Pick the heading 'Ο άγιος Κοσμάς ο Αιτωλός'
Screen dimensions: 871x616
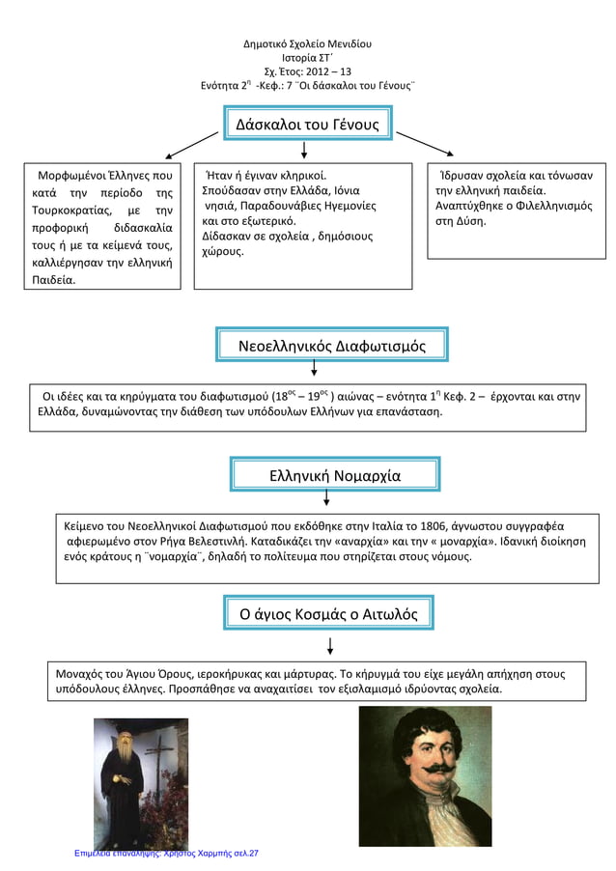tap(328, 613)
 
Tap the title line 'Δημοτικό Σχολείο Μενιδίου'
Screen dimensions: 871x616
tap(307, 44)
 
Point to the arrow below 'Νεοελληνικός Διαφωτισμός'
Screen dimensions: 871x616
tap(315, 368)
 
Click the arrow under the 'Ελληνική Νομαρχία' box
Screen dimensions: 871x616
tap(326, 497)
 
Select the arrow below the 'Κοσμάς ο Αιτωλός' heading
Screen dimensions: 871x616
tap(331, 645)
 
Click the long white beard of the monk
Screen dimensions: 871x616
tap(131, 764)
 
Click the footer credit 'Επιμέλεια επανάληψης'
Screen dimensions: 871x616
tap(111, 854)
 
